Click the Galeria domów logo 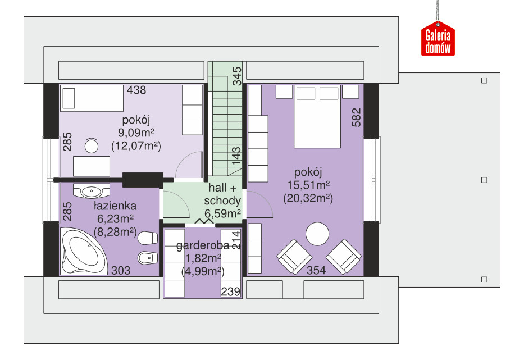(438, 38)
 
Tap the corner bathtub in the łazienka (84, 251)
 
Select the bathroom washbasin (92, 191)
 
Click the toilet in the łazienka (148, 238)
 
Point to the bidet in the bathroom (148, 257)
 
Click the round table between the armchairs (317, 234)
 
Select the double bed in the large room (317, 116)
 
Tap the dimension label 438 (136, 90)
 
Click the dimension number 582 (357, 117)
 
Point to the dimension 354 (316, 270)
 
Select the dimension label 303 (121, 270)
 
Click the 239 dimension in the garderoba (231, 291)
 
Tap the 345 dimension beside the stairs (236, 76)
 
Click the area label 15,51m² (308, 185)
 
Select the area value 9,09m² (136, 133)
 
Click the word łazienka (115, 206)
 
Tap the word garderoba (203, 245)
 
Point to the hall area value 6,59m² (222, 213)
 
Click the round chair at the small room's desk (91, 145)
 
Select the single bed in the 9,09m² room (92, 98)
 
